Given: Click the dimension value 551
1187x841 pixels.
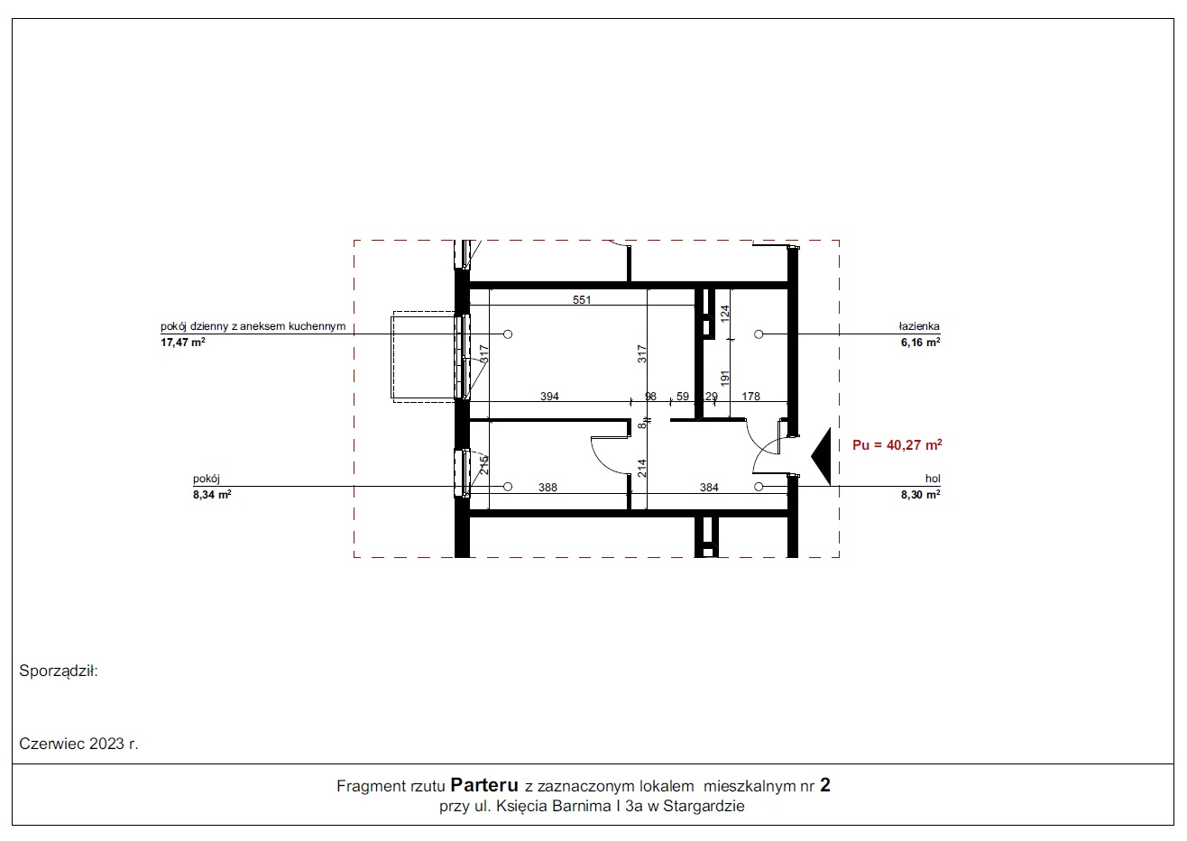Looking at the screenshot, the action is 581,300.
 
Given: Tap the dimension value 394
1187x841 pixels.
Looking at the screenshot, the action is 549,396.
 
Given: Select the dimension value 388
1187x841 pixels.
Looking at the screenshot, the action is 547,488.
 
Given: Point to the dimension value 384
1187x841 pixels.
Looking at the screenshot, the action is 709,488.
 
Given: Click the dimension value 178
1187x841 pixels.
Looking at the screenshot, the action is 750,396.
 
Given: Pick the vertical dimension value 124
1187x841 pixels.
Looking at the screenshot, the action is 725,313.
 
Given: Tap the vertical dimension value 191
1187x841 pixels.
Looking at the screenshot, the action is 725,378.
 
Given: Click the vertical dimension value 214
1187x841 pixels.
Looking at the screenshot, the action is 641,468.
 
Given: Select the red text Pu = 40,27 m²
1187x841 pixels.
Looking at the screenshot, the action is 897,445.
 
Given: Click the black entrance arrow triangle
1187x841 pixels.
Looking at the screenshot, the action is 823,456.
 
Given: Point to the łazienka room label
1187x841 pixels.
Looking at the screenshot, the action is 919,326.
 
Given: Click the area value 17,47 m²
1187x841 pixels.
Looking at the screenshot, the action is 183,343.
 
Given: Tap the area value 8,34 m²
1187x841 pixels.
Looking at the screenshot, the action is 212,495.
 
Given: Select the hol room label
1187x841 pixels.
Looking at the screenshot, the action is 933,479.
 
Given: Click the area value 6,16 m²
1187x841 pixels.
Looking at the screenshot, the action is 920,343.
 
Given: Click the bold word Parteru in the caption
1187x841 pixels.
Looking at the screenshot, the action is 483,784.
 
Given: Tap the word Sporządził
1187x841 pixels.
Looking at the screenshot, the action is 59,671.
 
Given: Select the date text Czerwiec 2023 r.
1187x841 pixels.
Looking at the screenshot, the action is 78,744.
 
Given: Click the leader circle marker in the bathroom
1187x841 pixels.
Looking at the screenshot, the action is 759,334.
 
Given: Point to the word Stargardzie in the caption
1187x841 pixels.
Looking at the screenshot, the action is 704,806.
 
